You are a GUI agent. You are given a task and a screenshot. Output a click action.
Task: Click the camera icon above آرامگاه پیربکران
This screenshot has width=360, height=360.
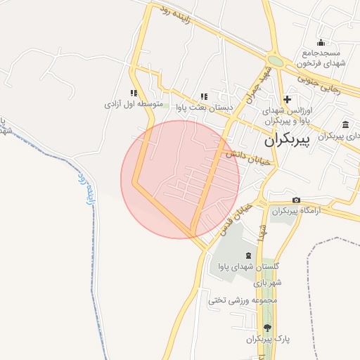tap(296, 200)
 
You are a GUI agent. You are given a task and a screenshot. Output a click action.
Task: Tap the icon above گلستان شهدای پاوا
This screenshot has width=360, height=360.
tap(248, 255)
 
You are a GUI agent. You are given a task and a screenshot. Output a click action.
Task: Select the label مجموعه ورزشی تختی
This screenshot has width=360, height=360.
tap(244, 300)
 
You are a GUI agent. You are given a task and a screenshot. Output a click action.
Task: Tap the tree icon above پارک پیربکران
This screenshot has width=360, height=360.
tap(266, 328)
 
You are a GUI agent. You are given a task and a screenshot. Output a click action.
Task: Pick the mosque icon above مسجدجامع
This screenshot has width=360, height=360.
tap(321, 42)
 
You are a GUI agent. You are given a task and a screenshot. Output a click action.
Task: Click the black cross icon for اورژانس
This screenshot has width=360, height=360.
tap(287, 99)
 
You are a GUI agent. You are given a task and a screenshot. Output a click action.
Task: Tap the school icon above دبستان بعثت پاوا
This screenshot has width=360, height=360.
tap(204, 96)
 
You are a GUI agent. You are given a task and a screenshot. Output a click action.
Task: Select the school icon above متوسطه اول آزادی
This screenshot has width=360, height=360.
tap(134, 93)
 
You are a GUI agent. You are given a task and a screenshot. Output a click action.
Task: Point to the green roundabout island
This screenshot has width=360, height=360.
tap(276, 62)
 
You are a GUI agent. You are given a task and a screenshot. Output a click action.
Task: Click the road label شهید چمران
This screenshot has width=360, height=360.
tap(252, 85)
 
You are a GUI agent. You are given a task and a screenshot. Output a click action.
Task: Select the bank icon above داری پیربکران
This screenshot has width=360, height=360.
tap(345, 124)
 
